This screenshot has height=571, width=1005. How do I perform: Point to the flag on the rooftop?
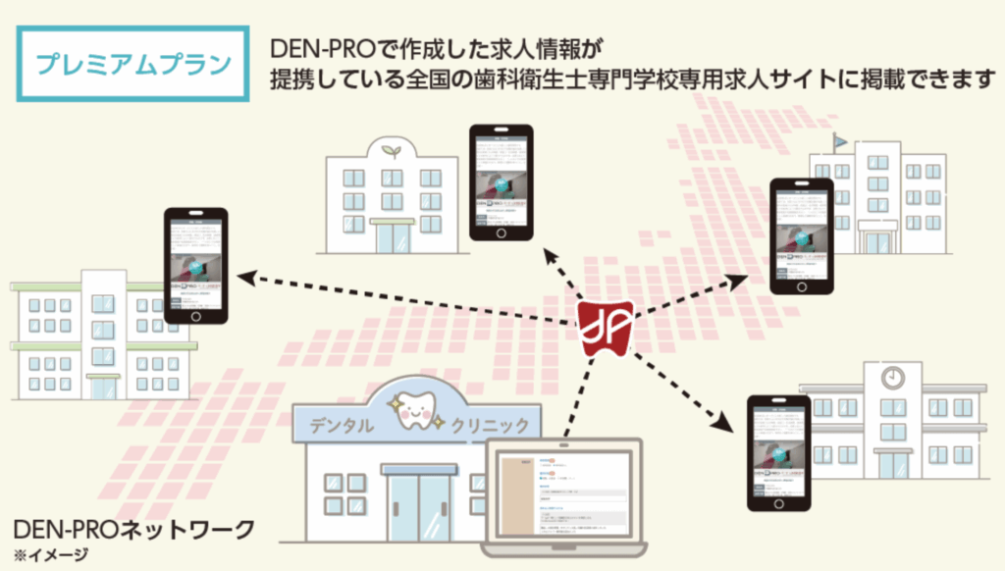[x=840, y=142]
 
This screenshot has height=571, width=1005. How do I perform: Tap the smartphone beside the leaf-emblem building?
[x=501, y=182]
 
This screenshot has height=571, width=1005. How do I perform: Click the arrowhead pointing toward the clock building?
[x=725, y=425]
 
